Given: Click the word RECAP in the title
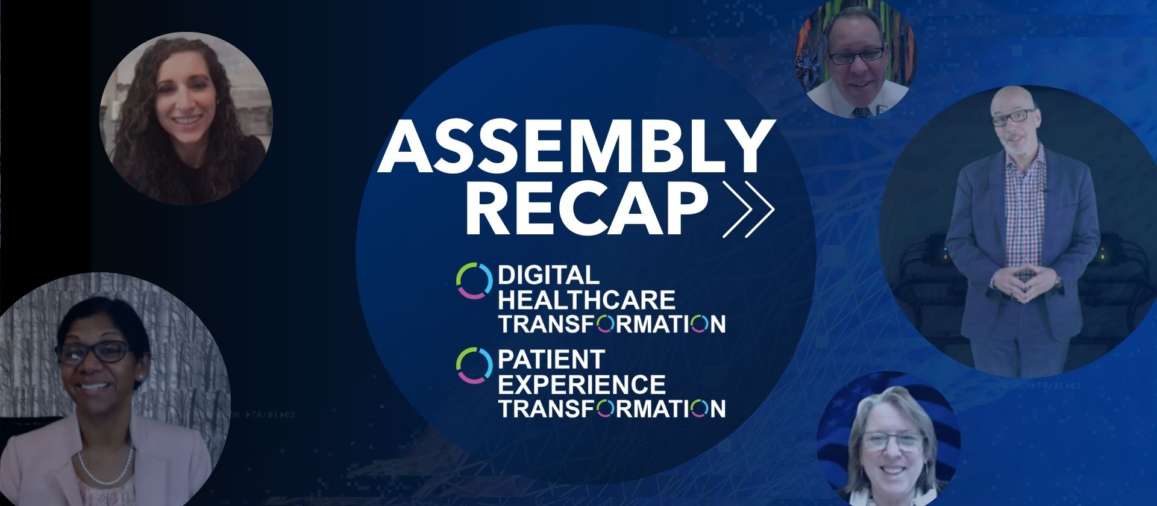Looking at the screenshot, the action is (x=586, y=207).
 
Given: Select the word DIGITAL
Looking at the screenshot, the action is (x=548, y=275).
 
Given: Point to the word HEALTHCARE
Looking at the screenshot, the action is (x=587, y=299).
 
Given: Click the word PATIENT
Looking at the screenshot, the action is (x=551, y=360).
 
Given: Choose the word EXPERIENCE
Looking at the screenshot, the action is (x=582, y=384).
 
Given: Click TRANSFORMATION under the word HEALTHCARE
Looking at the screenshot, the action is (x=612, y=323).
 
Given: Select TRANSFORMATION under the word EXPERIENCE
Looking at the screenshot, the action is (x=612, y=408).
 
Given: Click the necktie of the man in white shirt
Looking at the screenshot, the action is (x=861, y=111).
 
